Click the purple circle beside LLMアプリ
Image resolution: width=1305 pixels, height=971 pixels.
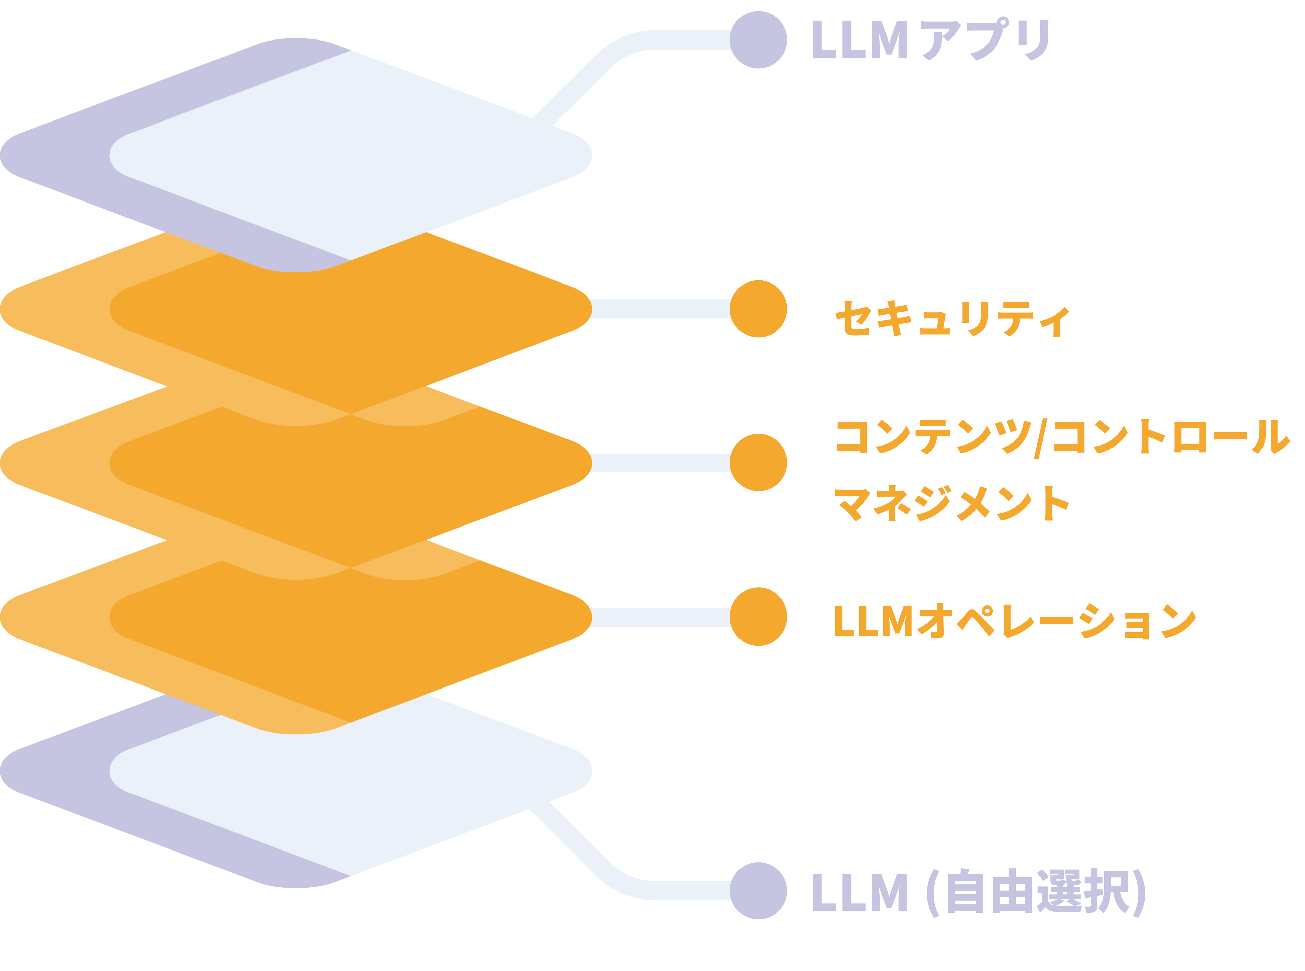(x=758, y=40)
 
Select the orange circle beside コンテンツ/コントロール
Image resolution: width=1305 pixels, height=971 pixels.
(x=758, y=463)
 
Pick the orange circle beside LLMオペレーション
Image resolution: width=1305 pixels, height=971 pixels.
(x=758, y=617)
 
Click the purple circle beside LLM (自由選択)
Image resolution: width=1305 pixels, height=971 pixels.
(x=758, y=890)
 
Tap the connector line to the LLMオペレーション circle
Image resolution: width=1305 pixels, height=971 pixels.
(x=661, y=617)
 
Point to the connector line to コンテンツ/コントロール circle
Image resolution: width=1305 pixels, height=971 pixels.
(x=661, y=463)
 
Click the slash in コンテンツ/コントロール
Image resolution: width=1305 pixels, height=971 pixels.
(x=1041, y=438)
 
